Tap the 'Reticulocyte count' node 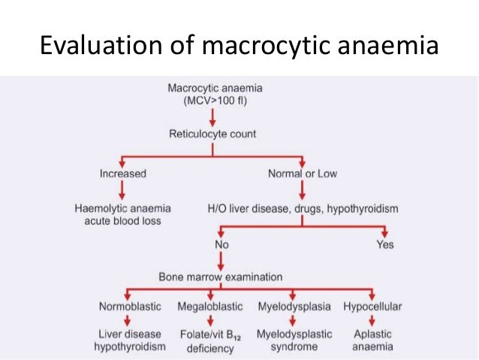pyautogui.click(x=213, y=134)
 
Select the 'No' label pyautogui.click(x=222, y=244)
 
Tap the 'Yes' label pyautogui.click(x=384, y=244)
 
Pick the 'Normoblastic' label pyautogui.click(x=129, y=307)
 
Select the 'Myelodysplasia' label pyautogui.click(x=294, y=307)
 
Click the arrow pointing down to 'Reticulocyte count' pyautogui.click(x=213, y=117)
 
